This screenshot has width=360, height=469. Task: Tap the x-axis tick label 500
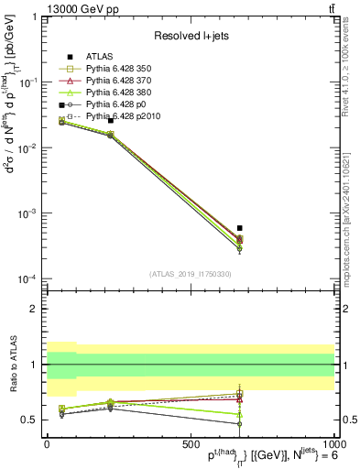point(191,442)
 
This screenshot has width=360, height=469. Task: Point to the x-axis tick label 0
point(47,442)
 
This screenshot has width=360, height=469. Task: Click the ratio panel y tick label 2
point(34,309)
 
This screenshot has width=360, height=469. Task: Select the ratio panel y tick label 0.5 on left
point(30,420)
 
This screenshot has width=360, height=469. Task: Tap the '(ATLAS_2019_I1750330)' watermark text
point(190,273)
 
